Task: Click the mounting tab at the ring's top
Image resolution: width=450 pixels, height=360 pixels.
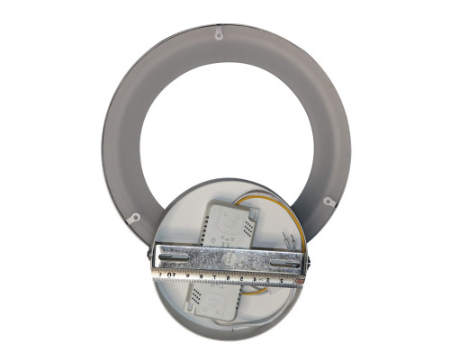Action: tap(218, 32)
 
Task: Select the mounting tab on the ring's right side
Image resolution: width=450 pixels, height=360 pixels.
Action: tap(329, 202)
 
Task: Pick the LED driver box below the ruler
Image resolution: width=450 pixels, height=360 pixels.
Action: tap(216, 298)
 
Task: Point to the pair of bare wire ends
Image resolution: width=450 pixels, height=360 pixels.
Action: tap(289, 239)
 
